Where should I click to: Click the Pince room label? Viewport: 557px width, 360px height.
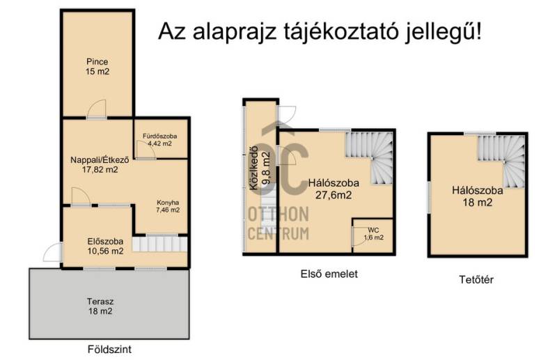(97, 61)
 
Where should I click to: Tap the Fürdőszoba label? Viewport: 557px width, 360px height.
(160, 136)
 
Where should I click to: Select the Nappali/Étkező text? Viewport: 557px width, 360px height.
(100, 160)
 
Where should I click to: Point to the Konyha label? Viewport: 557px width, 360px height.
(168, 203)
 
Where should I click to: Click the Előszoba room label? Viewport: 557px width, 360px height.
(105, 242)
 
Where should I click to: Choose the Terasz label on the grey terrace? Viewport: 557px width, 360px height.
(100, 302)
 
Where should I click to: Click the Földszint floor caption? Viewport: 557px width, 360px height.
(109, 350)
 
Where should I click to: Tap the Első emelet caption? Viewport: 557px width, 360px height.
(329, 274)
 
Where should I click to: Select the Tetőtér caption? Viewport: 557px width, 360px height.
(476, 280)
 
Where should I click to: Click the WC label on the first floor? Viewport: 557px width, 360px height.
(373, 230)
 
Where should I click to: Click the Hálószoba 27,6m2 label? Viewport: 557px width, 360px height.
(334, 189)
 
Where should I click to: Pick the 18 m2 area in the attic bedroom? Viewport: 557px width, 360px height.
(477, 203)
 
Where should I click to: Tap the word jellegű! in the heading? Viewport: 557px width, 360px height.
(443, 32)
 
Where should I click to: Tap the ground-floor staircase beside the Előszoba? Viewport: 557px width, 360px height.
(160, 244)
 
